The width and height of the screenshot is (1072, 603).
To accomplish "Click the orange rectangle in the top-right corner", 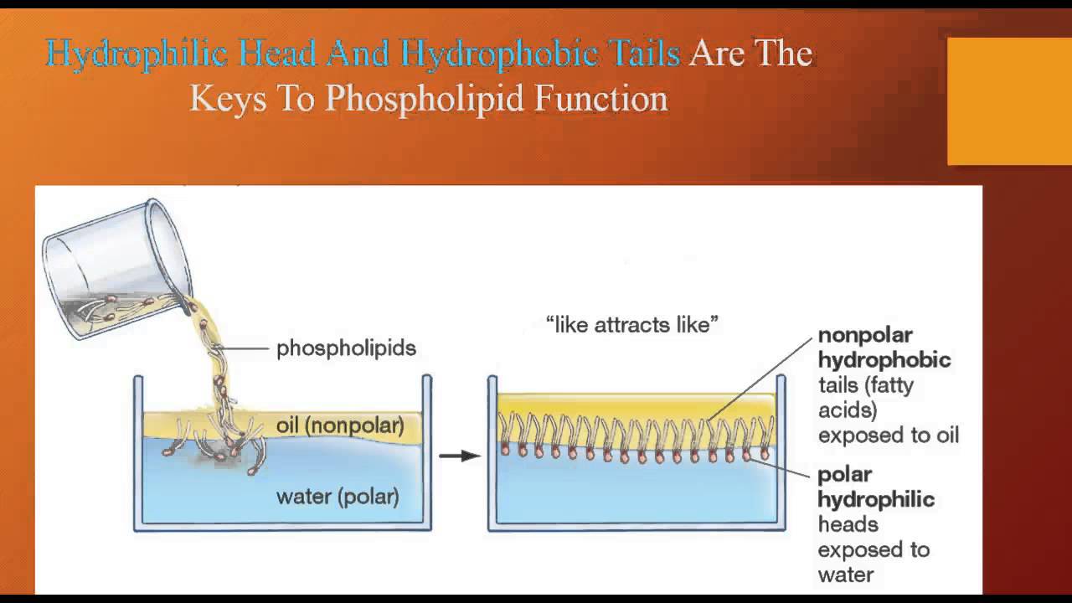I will click(x=1009, y=101).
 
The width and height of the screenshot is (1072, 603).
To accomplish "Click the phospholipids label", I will click(x=346, y=348).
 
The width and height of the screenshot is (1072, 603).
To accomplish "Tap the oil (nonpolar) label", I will click(x=340, y=425).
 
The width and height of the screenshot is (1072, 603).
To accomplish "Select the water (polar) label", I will click(x=338, y=497).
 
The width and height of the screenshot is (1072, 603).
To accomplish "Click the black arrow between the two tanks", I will click(x=459, y=456).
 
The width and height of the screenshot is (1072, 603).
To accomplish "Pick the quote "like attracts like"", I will click(x=632, y=325).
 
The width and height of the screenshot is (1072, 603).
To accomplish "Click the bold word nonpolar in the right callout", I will click(x=865, y=336).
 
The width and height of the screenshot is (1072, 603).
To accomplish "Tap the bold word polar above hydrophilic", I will click(x=845, y=474).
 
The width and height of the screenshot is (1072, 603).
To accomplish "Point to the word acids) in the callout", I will click(x=847, y=410).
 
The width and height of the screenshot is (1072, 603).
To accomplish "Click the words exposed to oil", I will click(x=888, y=435).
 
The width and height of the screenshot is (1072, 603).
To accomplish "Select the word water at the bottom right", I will click(x=846, y=575).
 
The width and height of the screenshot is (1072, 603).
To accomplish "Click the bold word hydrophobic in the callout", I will click(x=884, y=360).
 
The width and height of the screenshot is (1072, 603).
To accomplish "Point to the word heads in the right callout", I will click(x=848, y=524).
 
